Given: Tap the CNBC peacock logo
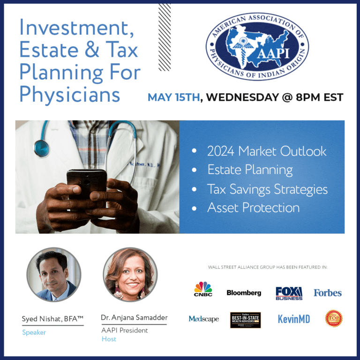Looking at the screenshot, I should [x=203, y=289].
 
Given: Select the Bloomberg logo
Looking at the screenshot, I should [x=244, y=292].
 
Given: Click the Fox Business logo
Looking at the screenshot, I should [x=289, y=293].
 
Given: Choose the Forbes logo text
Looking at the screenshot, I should [x=328, y=292].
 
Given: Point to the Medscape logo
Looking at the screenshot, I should [x=203, y=319].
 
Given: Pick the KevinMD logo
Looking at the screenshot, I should [x=293, y=319].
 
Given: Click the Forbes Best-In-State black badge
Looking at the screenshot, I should [x=245, y=320].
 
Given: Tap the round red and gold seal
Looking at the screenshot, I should [x=334, y=318].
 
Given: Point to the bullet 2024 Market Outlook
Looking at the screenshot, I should [x=267, y=151].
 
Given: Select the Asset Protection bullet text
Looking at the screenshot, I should [x=253, y=208].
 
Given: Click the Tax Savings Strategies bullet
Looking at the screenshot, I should [x=267, y=189].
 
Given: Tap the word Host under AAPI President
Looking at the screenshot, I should [x=109, y=339].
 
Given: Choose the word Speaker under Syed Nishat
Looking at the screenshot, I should [x=34, y=332].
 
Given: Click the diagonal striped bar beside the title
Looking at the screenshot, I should [x=165, y=37].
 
